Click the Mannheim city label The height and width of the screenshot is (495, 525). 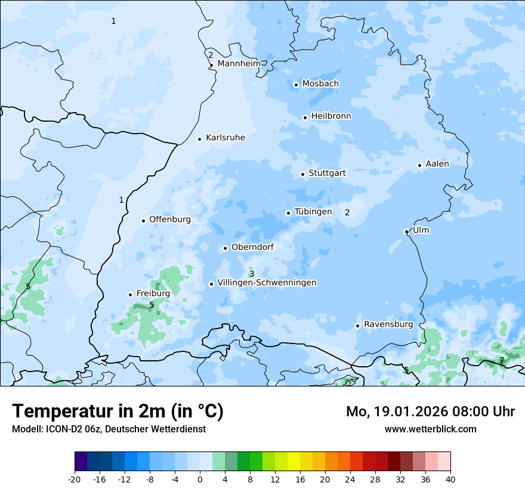239,64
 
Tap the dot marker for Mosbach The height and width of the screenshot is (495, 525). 296,85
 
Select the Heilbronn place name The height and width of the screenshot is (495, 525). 331,116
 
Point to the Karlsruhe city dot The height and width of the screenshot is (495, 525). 200,139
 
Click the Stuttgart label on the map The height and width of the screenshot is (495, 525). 327,174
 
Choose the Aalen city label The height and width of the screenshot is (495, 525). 437,164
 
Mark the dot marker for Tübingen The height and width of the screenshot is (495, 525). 289,213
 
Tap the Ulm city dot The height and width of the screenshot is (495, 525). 406,231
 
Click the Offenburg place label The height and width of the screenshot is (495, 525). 170,219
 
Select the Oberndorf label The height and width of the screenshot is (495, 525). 252,247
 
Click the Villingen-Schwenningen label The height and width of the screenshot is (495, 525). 267,283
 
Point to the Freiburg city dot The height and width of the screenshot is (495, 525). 130,295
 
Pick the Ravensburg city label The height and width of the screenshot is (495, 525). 388,324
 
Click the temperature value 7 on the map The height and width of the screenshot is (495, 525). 502,360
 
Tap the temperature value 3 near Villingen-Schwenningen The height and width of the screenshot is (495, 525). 252,274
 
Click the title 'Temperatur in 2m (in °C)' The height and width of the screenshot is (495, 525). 118,412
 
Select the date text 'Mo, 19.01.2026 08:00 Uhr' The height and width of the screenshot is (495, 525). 430,412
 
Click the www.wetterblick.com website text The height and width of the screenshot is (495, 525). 430,429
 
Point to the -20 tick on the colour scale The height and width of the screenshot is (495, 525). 75,479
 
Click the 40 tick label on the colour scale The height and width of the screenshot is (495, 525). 450,479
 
